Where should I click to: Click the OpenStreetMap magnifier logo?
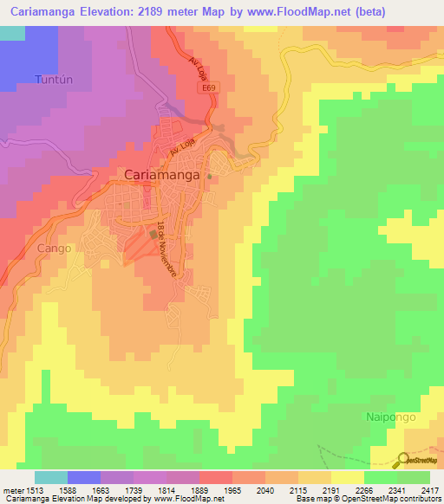tap(402, 460)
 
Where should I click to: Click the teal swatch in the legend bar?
tap(51, 477)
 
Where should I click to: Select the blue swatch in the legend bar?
tap(84, 477)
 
